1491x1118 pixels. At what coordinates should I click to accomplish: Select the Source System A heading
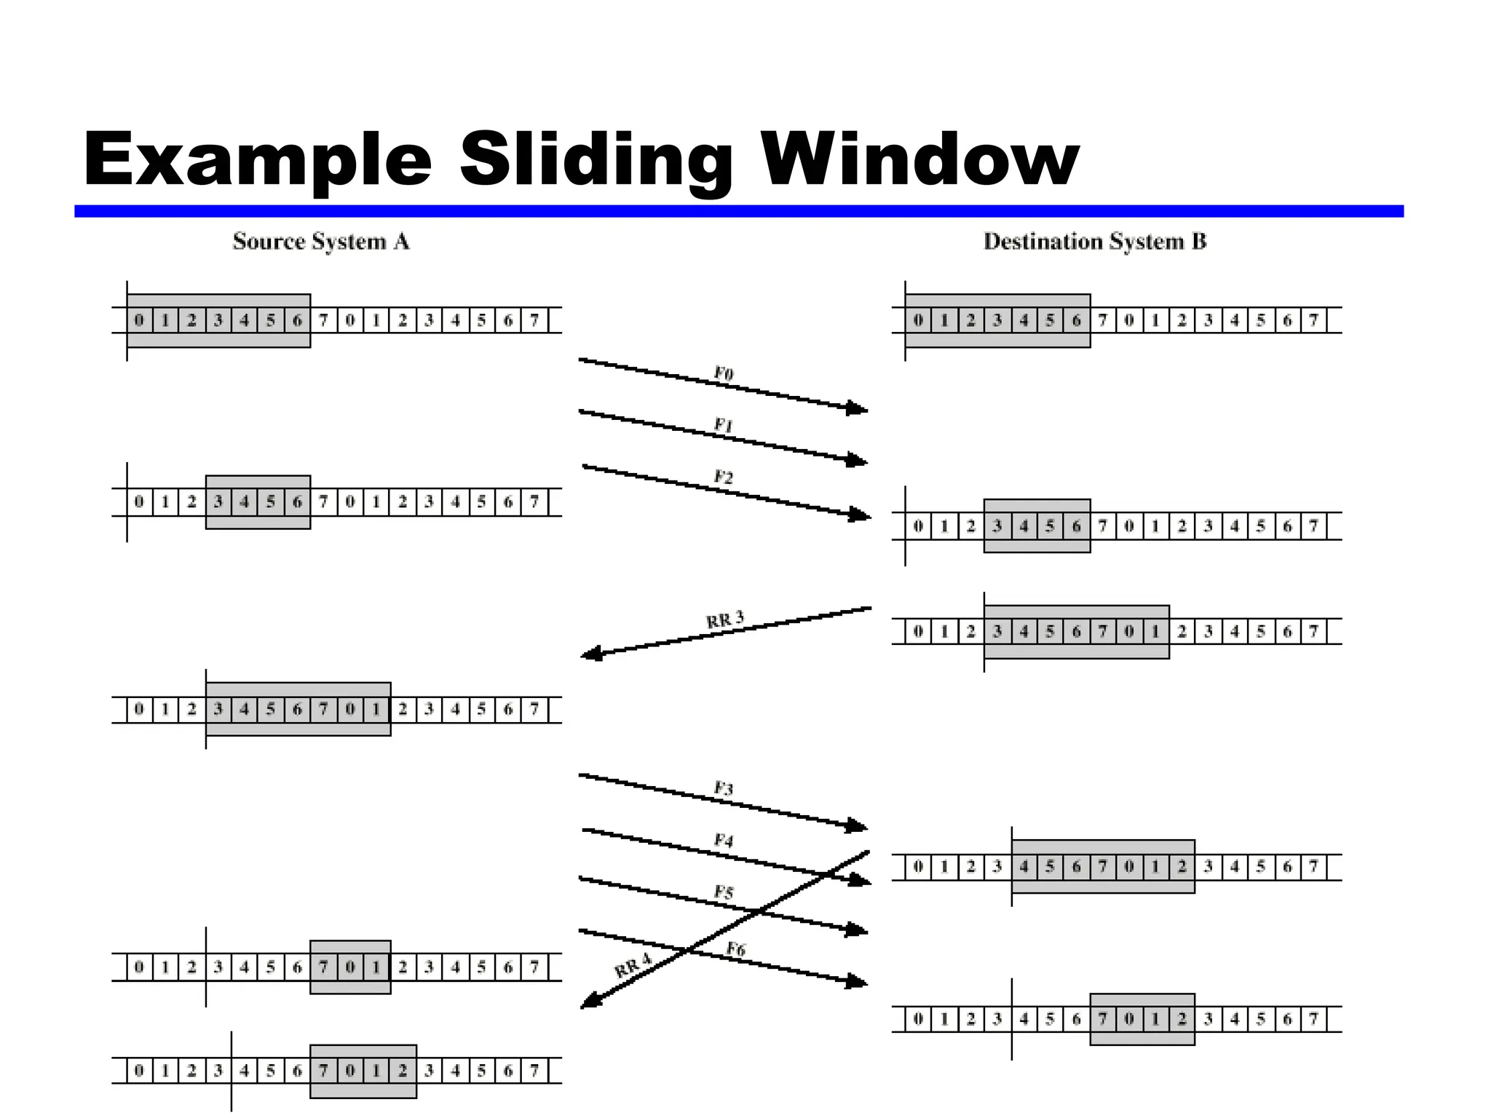point(321,242)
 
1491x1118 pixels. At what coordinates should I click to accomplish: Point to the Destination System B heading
point(1095,242)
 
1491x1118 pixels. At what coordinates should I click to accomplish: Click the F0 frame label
point(724,374)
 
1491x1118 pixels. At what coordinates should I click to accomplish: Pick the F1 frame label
point(724,425)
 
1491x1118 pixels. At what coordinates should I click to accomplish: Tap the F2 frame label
point(724,477)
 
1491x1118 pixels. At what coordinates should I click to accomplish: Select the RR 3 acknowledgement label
point(725,620)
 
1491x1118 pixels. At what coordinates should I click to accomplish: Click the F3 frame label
point(724,788)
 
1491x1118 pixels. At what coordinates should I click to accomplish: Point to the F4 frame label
point(724,841)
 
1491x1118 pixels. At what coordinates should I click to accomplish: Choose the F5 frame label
point(724,892)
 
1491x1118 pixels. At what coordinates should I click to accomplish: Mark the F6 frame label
point(736,949)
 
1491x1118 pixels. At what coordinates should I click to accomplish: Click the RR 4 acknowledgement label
point(633,967)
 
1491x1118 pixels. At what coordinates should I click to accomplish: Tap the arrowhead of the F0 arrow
point(858,408)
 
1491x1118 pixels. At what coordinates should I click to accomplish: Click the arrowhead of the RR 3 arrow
point(591,654)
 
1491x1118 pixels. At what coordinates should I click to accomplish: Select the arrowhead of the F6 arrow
point(858,981)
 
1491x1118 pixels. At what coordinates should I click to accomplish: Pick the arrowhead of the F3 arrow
point(858,825)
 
